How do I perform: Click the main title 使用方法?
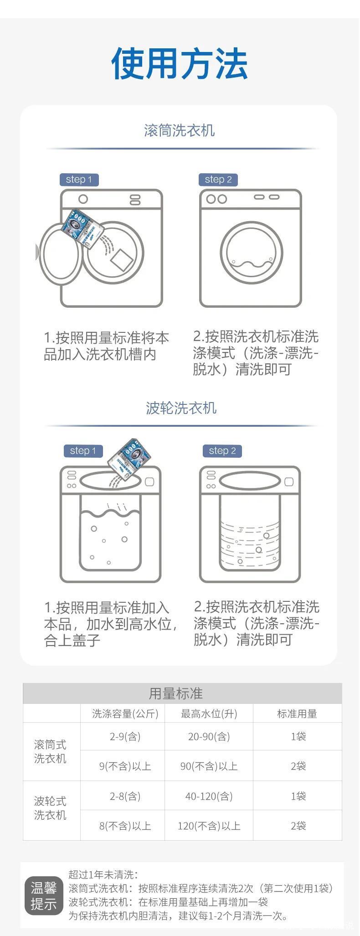180,63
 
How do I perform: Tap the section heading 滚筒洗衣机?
180,130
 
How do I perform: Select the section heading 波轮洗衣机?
181,408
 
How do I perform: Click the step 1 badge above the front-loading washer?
79,179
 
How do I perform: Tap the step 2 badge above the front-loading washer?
218,179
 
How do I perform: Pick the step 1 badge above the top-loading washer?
83,450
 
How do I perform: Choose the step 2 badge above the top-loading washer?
222,450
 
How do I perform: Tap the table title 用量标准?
175,693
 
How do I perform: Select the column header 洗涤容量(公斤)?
125,714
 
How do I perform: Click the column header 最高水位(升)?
209,714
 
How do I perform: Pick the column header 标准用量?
297,714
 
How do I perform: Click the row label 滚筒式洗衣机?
50,751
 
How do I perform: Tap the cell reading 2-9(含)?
125,736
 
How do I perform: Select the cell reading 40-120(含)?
209,796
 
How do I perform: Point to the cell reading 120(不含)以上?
209,826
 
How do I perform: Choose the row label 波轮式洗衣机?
50,808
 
